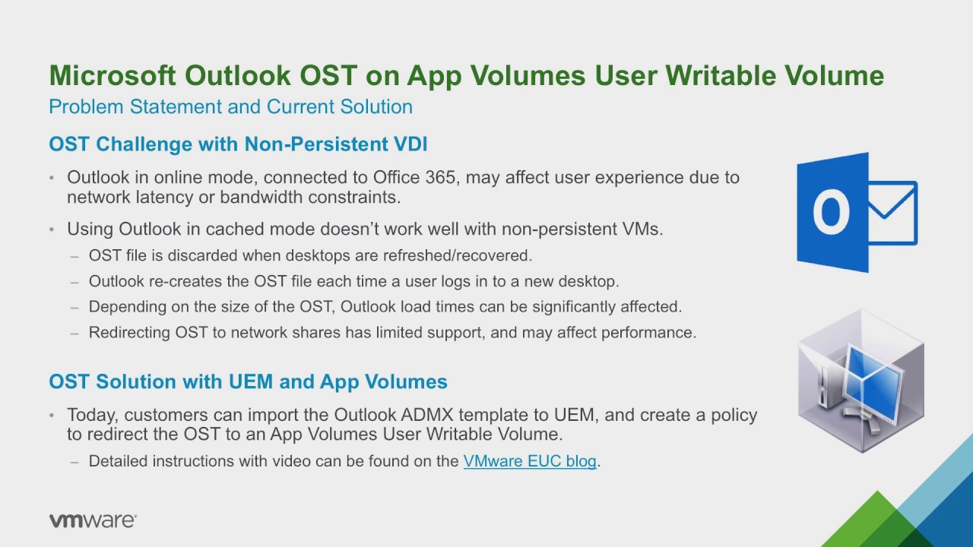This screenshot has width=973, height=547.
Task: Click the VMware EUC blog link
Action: pos(530,461)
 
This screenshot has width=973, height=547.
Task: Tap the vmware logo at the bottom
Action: pos(93,520)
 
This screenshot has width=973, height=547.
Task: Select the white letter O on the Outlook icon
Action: pos(832,212)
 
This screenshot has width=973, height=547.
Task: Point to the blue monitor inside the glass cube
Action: pos(874,385)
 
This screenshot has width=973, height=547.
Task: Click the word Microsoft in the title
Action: pos(113,75)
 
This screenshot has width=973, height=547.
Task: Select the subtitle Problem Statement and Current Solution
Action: pos(230,107)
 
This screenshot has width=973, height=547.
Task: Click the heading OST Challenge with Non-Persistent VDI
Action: pos(238,144)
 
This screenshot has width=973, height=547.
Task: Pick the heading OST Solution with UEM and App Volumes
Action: pos(248,381)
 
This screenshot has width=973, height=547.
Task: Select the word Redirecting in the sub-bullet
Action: pos(129,333)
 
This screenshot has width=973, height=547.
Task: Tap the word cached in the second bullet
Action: pos(229,229)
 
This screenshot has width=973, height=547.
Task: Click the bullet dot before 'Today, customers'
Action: pos(52,416)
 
